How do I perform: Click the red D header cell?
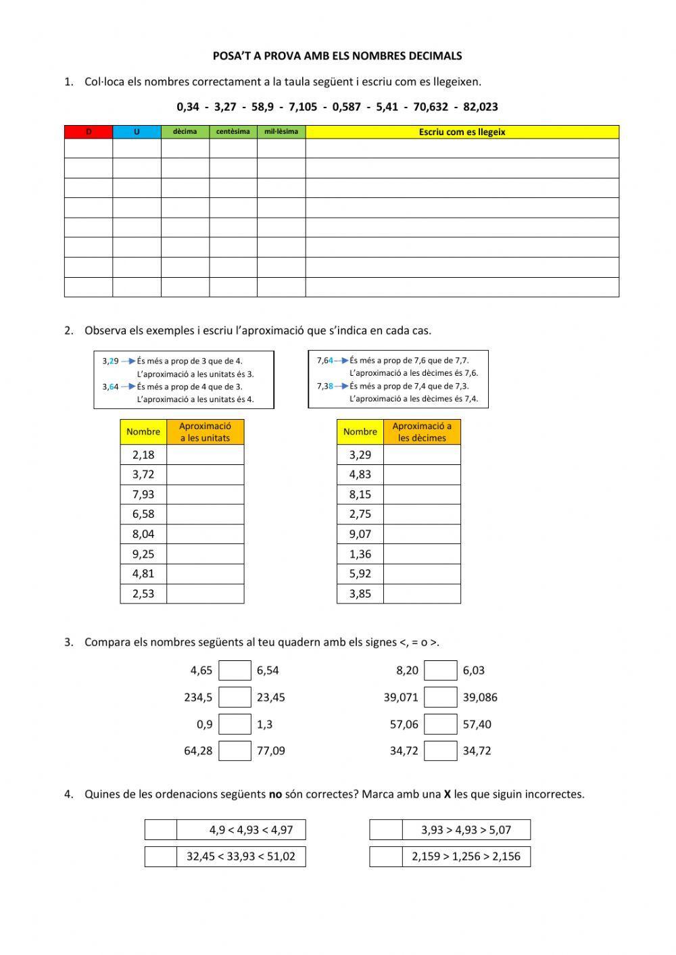[89, 132]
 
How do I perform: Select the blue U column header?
[137, 132]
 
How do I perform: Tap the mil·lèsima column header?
[281, 132]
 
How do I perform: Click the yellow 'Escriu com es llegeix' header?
[462, 132]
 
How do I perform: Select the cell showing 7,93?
[143, 494]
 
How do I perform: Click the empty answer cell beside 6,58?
[205, 514]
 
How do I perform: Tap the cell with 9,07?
[360, 534]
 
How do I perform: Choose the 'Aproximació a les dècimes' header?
[422, 432]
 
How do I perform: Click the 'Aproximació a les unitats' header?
[205, 432]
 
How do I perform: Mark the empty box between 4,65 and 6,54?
[235, 670]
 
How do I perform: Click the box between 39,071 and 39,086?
[440, 697]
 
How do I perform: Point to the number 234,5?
[198, 697]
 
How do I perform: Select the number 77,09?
[271, 751]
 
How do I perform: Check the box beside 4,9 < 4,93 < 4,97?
[161, 830]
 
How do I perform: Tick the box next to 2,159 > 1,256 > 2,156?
[386, 857]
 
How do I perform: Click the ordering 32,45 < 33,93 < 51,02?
[241, 857]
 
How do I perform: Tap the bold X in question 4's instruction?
[448, 795]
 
